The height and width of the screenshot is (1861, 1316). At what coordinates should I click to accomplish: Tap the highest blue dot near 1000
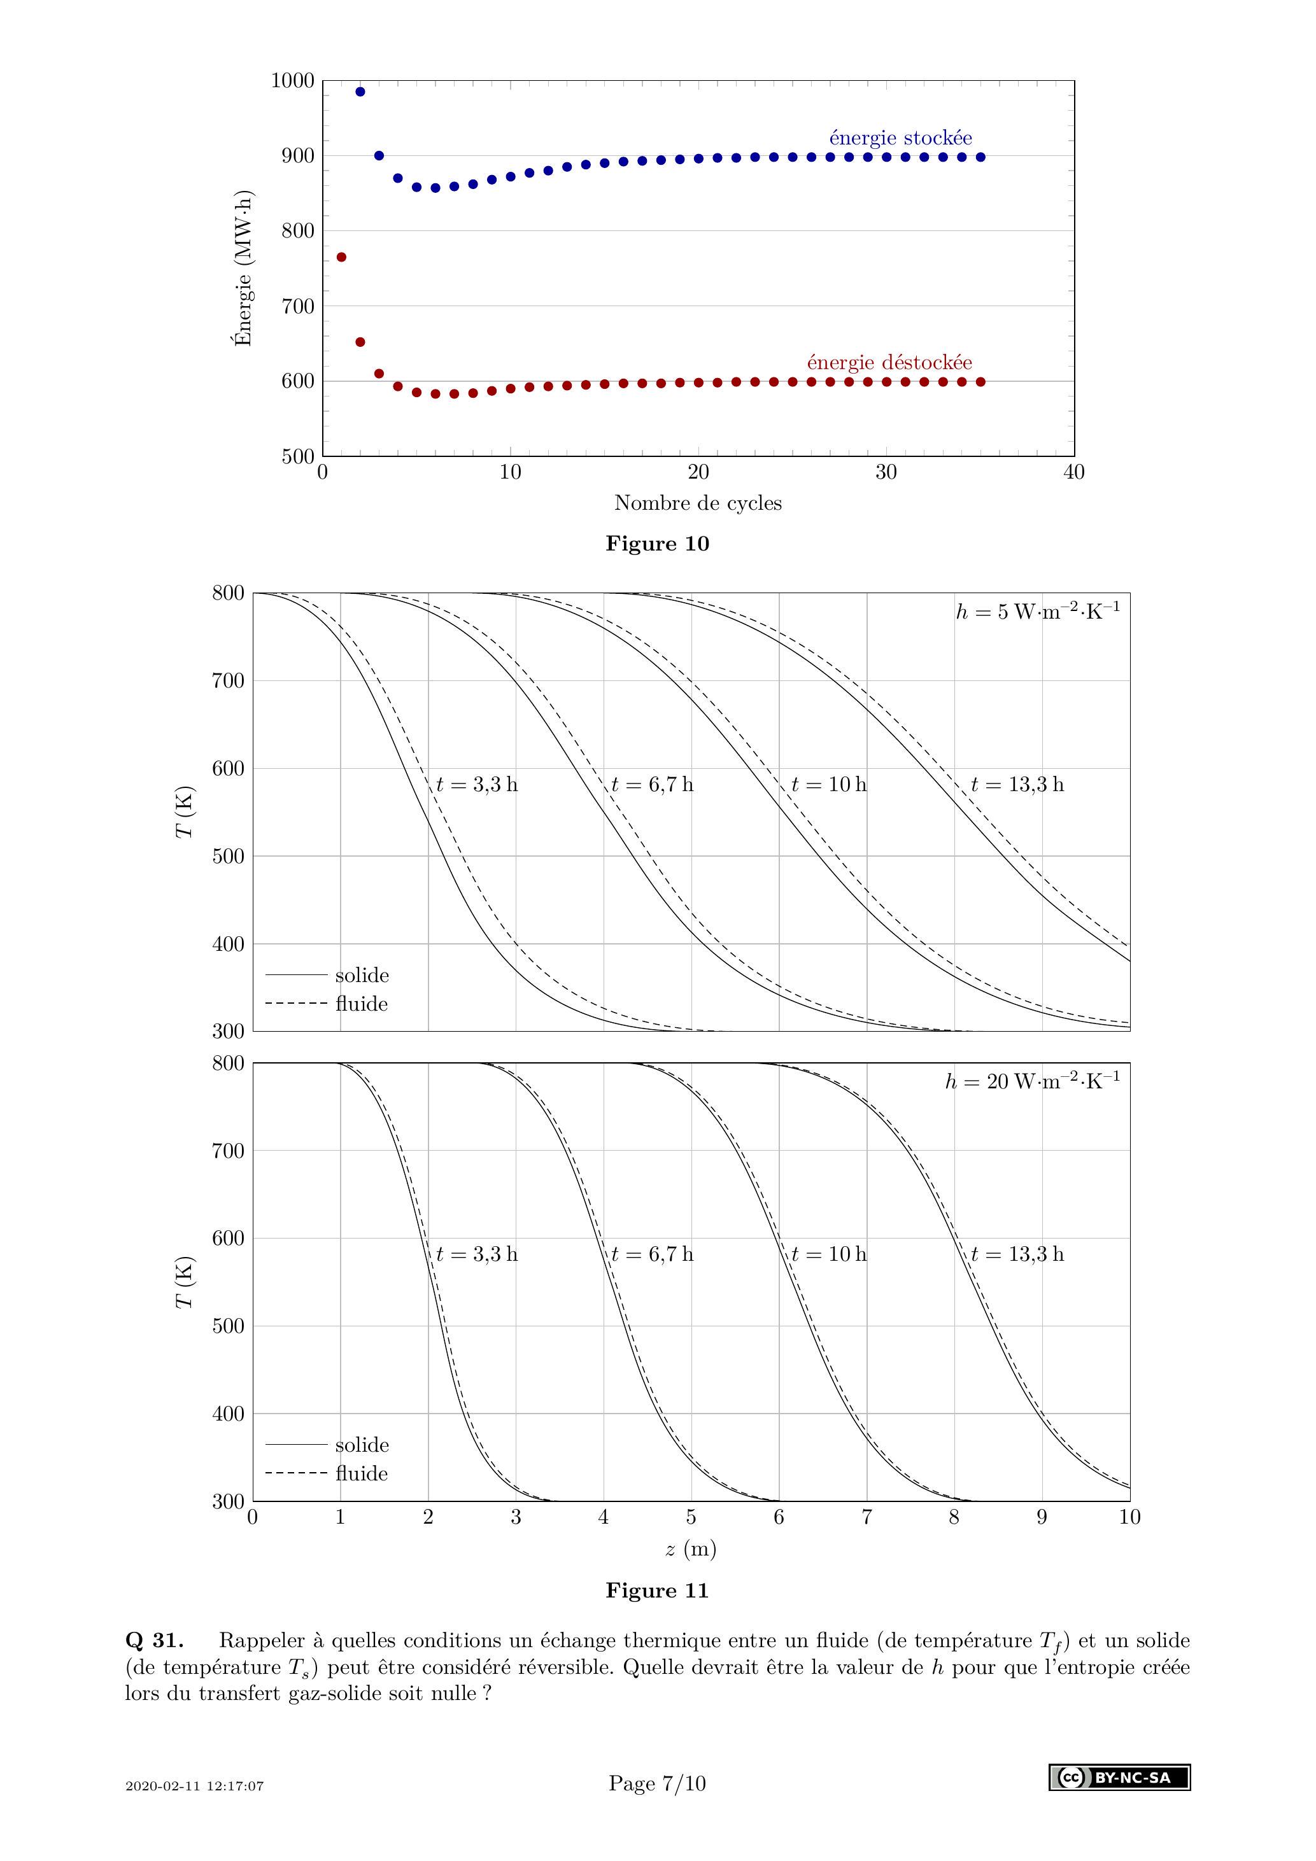(x=360, y=92)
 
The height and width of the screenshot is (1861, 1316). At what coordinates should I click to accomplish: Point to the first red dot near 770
(x=341, y=257)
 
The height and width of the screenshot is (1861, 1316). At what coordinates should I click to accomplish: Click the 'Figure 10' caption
(x=657, y=544)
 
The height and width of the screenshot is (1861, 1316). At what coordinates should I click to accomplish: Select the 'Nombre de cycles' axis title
(x=697, y=503)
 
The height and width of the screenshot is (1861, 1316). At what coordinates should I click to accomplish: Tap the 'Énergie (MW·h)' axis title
(x=243, y=269)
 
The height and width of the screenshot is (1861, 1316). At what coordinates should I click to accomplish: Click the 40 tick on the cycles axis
(x=1073, y=472)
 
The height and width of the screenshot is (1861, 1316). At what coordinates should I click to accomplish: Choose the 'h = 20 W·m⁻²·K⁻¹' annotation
(x=1032, y=1081)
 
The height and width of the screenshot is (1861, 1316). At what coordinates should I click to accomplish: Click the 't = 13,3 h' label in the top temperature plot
(x=1017, y=785)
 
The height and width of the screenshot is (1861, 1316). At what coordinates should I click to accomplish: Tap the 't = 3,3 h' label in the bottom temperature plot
(x=477, y=1254)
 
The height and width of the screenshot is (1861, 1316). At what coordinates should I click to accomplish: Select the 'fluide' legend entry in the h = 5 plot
(x=362, y=1004)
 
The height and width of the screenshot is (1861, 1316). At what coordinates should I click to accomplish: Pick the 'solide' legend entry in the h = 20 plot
(x=362, y=1444)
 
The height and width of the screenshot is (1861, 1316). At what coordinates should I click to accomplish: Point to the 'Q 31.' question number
(x=154, y=1641)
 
